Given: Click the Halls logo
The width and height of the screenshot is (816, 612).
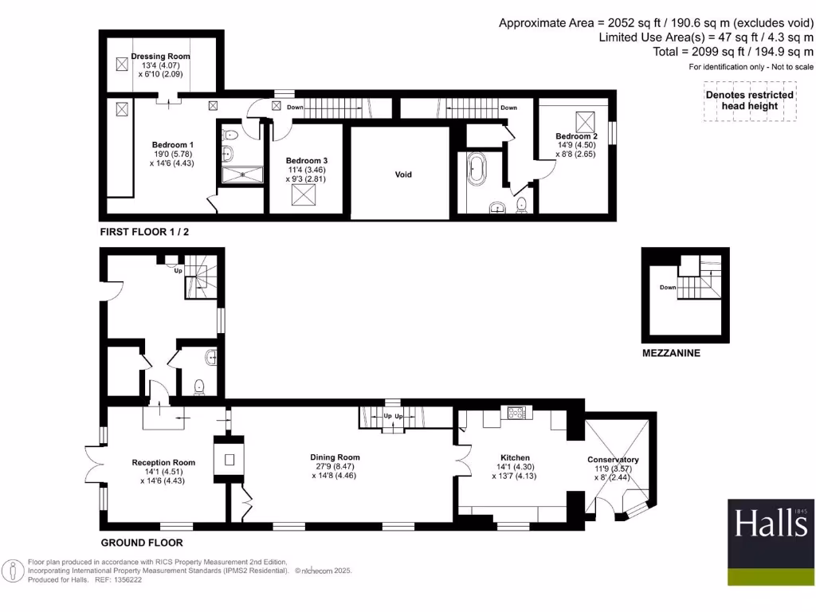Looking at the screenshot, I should coord(771,542).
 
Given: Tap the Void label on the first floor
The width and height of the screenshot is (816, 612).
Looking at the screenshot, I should coord(404,175).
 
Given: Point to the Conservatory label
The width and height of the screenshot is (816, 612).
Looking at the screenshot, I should coord(613,460).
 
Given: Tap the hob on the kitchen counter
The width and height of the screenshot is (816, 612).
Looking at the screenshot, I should coord(515,413).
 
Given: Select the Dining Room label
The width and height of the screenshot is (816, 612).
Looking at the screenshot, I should coord(335,457).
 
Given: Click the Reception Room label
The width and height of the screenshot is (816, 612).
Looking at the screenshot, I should coord(163,462).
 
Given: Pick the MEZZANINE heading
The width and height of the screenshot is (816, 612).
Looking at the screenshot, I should coord(671,352).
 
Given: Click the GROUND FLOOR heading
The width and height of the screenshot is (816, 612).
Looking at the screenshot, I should coord(141,543).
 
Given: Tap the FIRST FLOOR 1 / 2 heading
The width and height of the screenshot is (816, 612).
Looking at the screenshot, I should coord(144,232).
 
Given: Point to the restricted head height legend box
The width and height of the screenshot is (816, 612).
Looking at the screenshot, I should coord(749,101).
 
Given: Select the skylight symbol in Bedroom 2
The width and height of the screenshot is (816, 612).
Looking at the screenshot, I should coord(588,122).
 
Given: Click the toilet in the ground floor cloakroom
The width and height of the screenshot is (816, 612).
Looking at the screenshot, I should coord(199,387).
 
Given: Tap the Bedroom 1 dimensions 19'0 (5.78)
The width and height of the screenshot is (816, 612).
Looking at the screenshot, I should coord(172,154).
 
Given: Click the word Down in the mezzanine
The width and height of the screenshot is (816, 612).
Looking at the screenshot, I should coord(667,288).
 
